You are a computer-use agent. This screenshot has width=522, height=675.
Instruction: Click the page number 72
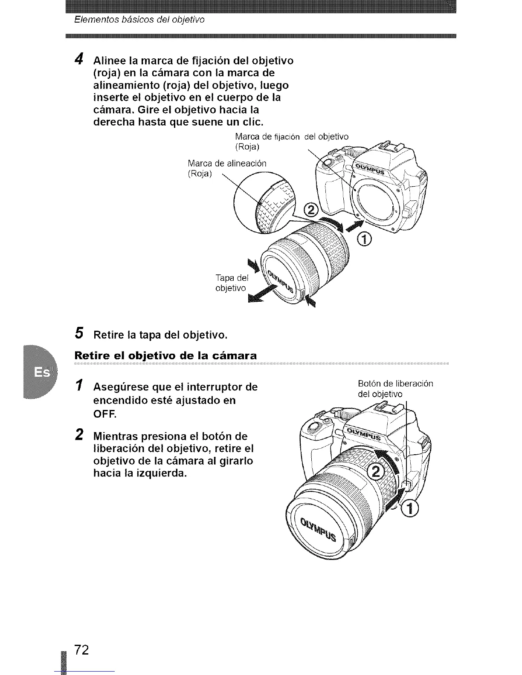pyautogui.click(x=81, y=649)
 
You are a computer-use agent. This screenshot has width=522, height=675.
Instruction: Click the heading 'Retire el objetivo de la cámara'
pyautogui.click(x=165, y=355)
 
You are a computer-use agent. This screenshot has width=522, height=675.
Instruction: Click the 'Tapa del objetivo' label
pyautogui.click(x=231, y=283)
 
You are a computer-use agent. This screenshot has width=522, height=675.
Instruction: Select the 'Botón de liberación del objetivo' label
pyautogui.click(x=395, y=388)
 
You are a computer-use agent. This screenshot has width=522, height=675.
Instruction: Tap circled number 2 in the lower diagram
pyautogui.click(x=376, y=472)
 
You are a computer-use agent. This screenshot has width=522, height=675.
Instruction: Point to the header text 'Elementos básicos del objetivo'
pyautogui.click(x=139, y=20)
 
